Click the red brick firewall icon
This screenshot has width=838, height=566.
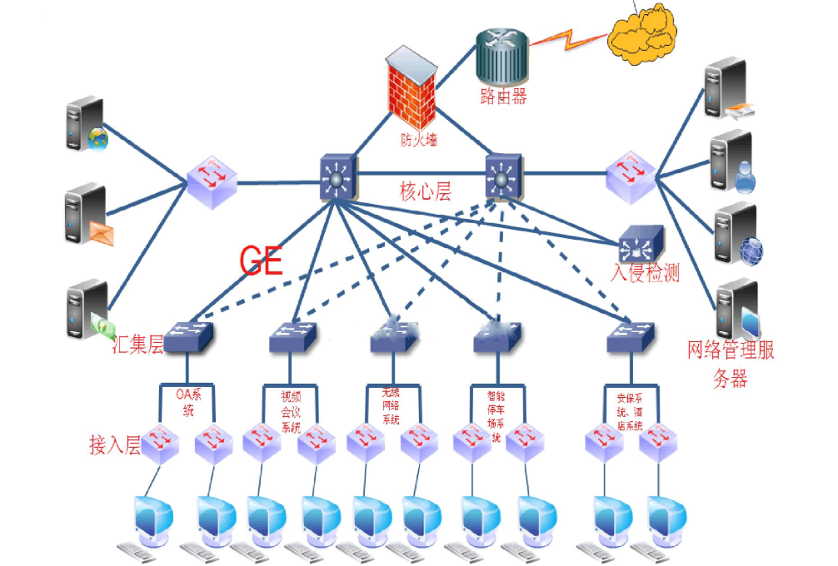(412, 92)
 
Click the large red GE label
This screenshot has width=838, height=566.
(262, 261)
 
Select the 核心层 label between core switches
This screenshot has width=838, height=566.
(425, 192)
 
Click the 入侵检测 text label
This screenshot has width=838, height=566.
(645, 272)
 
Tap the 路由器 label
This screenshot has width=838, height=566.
(503, 97)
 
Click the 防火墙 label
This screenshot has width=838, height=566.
(417, 140)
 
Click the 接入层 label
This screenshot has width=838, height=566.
(114, 444)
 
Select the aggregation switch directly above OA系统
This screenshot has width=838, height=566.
(188, 336)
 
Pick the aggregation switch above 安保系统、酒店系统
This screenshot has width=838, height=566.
(631, 336)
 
